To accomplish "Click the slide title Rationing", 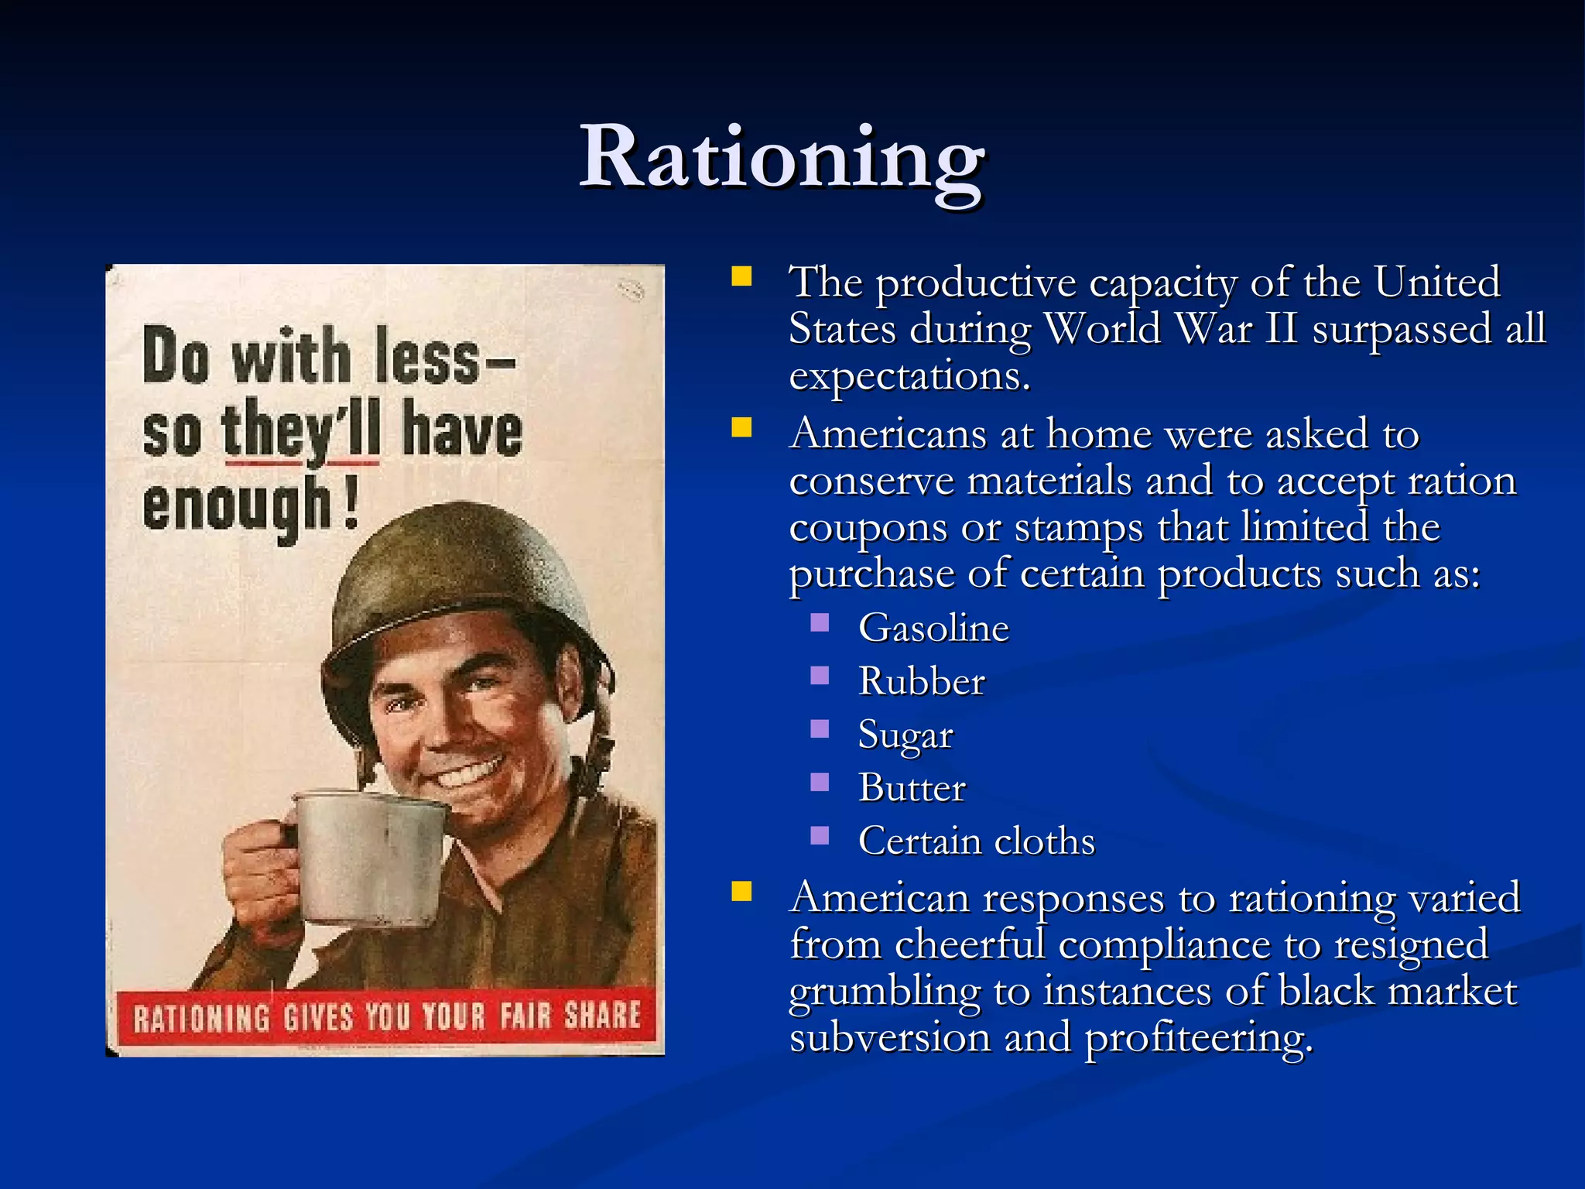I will pyautogui.click(x=782, y=159).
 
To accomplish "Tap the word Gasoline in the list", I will pyautogui.click(x=933, y=628).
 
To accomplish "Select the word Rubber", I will pyautogui.click(x=921, y=682).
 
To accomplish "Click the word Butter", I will pyautogui.click(x=912, y=788).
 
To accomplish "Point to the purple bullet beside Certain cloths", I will pyautogui.click(x=820, y=836).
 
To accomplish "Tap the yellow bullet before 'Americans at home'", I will pyautogui.click(x=741, y=428).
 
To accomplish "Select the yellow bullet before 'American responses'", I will pyautogui.click(x=741, y=893).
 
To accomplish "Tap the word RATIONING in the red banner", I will pyautogui.click(x=201, y=1017).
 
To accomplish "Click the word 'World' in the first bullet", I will pyautogui.click(x=1102, y=329).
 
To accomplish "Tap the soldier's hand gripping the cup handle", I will pyautogui.click(x=259, y=875).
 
